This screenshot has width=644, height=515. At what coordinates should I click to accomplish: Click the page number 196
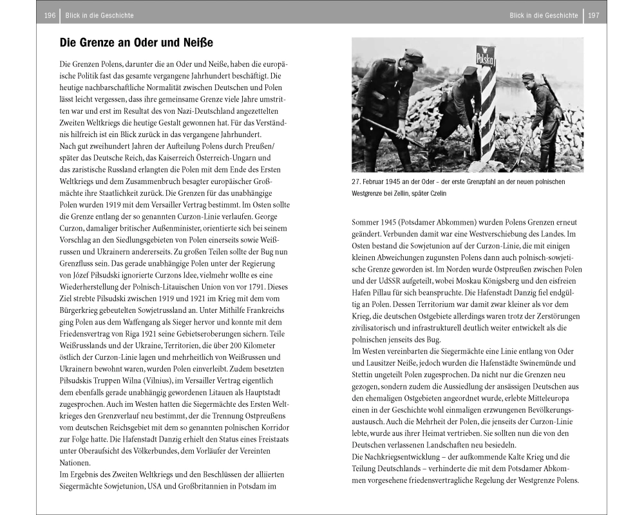coord(49,15)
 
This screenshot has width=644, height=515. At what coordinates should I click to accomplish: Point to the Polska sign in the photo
coord(486,59)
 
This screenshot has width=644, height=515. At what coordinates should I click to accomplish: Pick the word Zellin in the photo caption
coord(393,194)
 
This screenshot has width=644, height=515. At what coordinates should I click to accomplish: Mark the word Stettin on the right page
coord(365,374)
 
